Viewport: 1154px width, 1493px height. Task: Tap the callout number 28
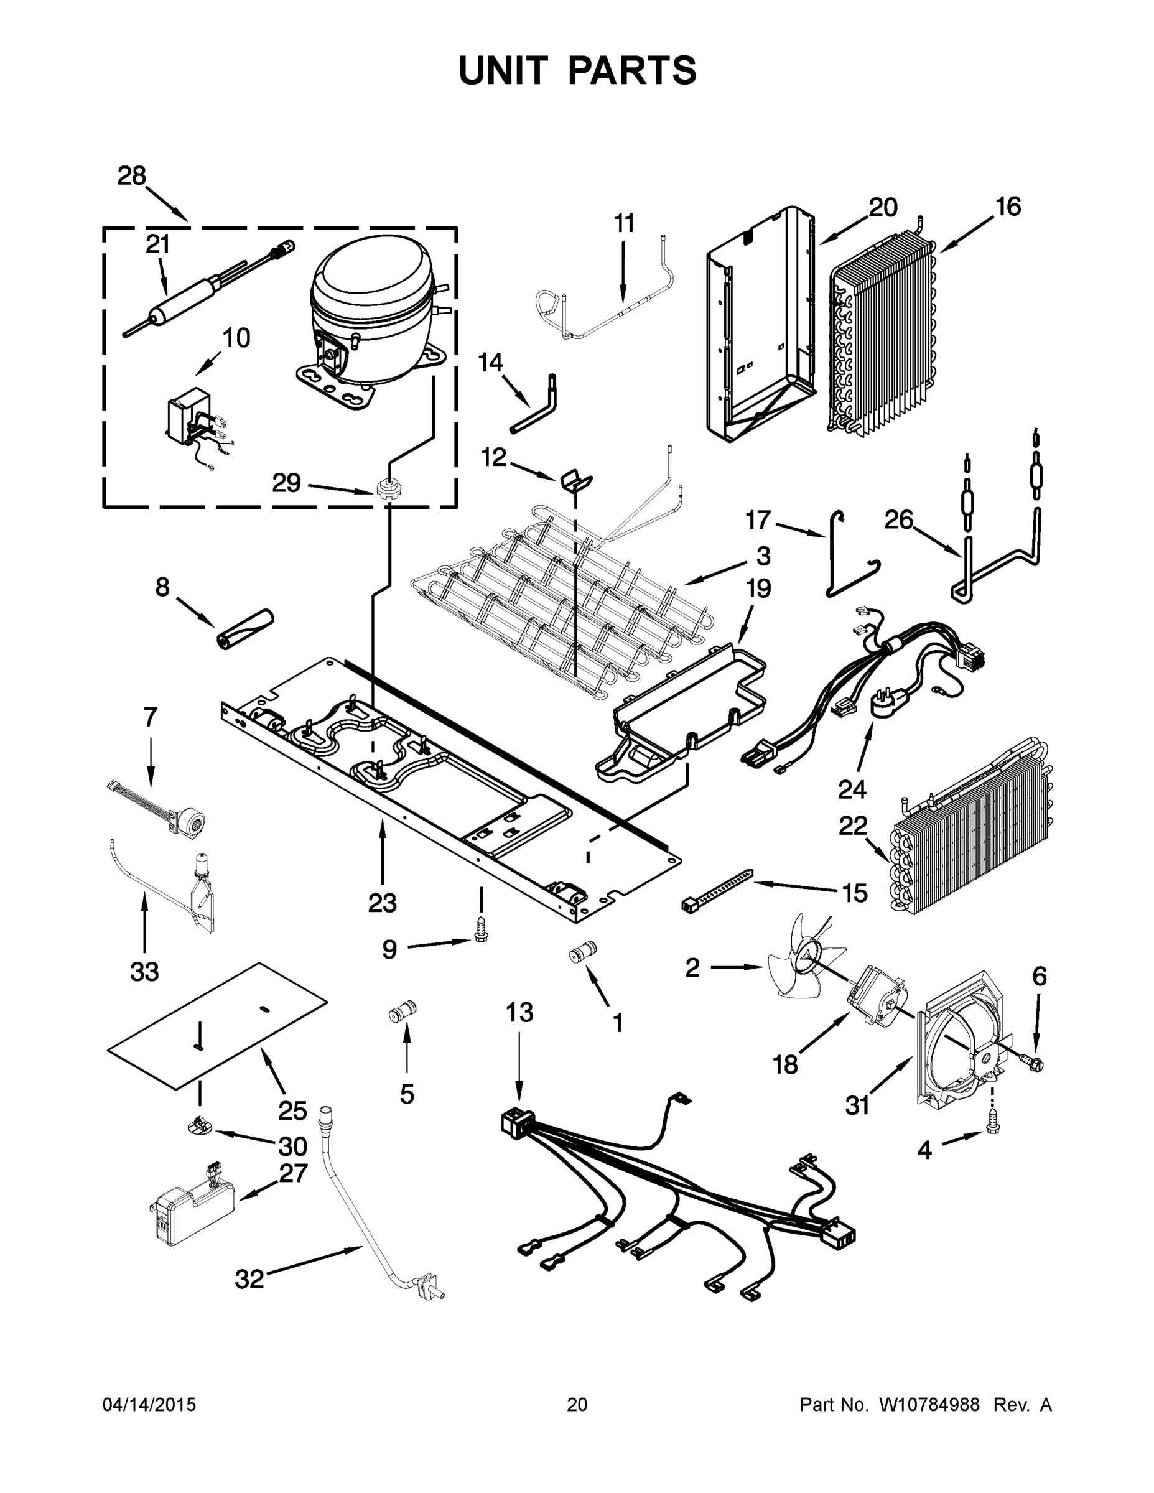tap(132, 177)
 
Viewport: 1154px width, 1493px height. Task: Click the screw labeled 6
tap(1035, 1064)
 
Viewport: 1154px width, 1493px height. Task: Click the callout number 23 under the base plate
tap(382, 903)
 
